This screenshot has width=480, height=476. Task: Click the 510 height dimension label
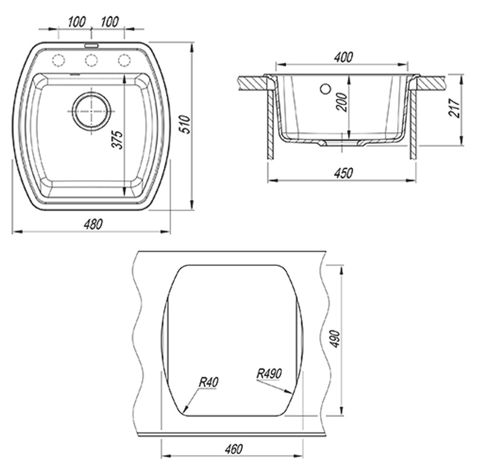click(185, 124)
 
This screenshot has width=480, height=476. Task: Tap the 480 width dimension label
click(93, 225)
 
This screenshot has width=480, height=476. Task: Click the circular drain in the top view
click(91, 111)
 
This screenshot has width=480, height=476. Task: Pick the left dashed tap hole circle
click(59, 60)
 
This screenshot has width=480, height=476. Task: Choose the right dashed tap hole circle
click(124, 60)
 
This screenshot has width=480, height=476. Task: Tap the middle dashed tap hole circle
click(91, 60)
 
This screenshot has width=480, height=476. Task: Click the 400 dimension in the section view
click(344, 57)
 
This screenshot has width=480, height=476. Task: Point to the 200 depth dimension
click(342, 102)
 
